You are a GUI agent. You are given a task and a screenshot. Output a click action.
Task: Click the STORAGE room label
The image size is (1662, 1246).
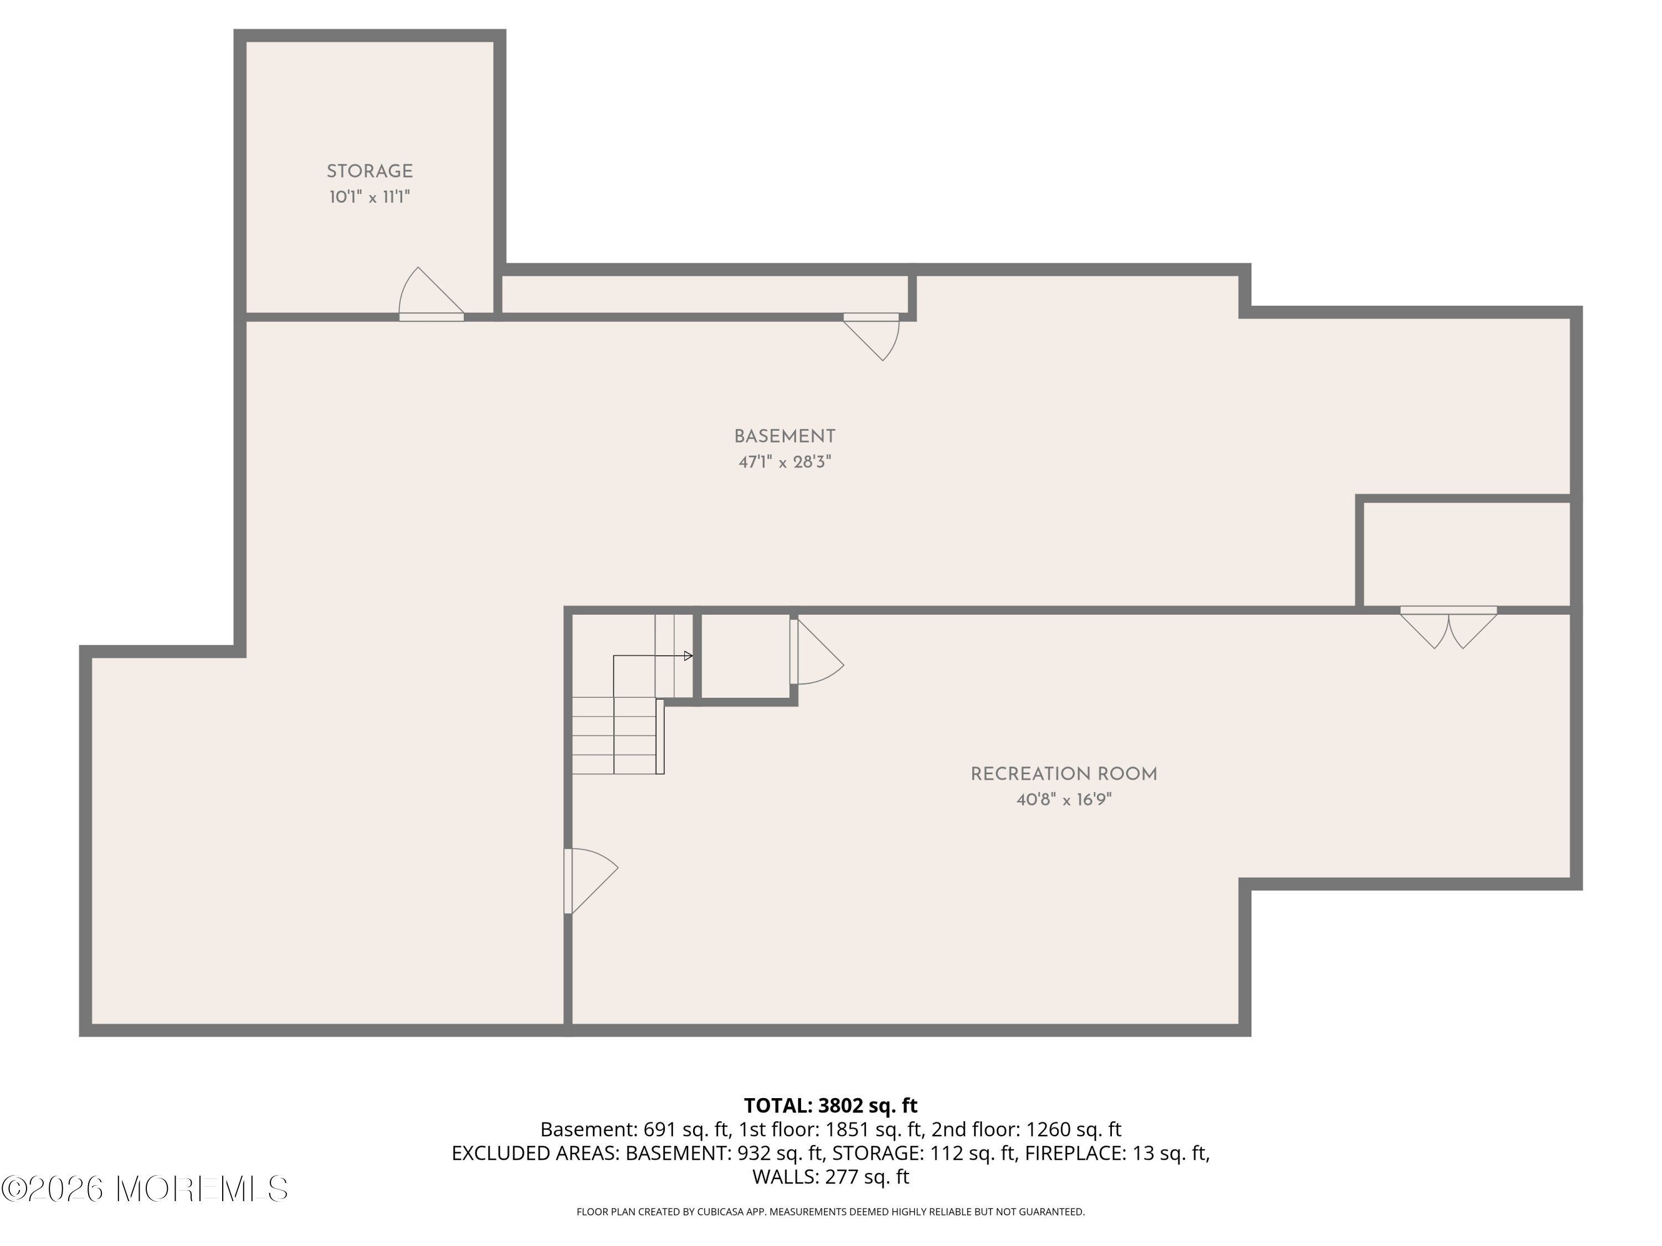[x=370, y=171]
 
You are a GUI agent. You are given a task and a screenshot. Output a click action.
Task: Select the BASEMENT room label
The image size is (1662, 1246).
[x=784, y=436]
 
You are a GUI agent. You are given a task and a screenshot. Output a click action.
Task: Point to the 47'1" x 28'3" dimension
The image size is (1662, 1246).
[x=784, y=462]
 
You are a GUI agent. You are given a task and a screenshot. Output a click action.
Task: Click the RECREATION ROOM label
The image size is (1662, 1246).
[x=1063, y=774]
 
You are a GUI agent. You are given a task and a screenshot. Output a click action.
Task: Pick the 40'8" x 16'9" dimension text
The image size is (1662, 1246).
[x=1063, y=800]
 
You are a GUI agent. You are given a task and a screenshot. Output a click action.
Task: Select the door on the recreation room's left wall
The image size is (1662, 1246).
[x=591, y=881]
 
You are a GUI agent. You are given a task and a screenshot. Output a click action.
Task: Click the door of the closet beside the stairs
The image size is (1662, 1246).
[x=817, y=651]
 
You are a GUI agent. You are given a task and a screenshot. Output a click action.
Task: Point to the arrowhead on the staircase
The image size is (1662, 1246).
[x=688, y=656]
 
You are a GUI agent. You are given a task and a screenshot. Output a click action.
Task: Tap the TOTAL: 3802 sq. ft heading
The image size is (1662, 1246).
[x=830, y=1105]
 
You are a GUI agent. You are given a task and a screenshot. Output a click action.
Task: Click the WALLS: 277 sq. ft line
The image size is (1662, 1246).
[x=830, y=1177]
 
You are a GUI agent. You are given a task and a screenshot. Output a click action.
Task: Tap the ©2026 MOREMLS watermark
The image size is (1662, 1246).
[x=144, y=1189]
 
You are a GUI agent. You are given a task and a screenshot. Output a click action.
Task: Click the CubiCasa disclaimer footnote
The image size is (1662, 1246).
[x=830, y=1212]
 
